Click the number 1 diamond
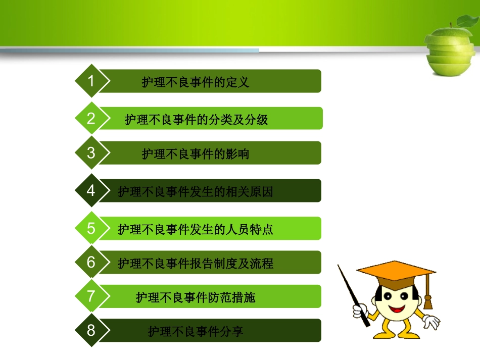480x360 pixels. (91, 81)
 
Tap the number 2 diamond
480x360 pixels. (91, 119)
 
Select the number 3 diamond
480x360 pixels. (91, 152)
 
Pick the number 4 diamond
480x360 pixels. (91, 190)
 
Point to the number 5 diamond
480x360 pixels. (91, 228)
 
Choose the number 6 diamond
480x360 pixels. (91, 262)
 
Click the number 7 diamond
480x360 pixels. (91, 296)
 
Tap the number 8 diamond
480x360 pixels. (91, 330)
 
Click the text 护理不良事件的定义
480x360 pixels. (196, 82)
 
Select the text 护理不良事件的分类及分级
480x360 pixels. (196, 120)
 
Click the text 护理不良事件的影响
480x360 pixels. (196, 154)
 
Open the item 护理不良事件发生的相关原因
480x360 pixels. (196, 192)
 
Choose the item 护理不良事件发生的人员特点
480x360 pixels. (196, 230)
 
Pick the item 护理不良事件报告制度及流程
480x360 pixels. (196, 264)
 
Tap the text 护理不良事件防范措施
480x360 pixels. (196, 297)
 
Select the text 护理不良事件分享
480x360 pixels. (196, 332)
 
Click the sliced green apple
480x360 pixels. (449, 48)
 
